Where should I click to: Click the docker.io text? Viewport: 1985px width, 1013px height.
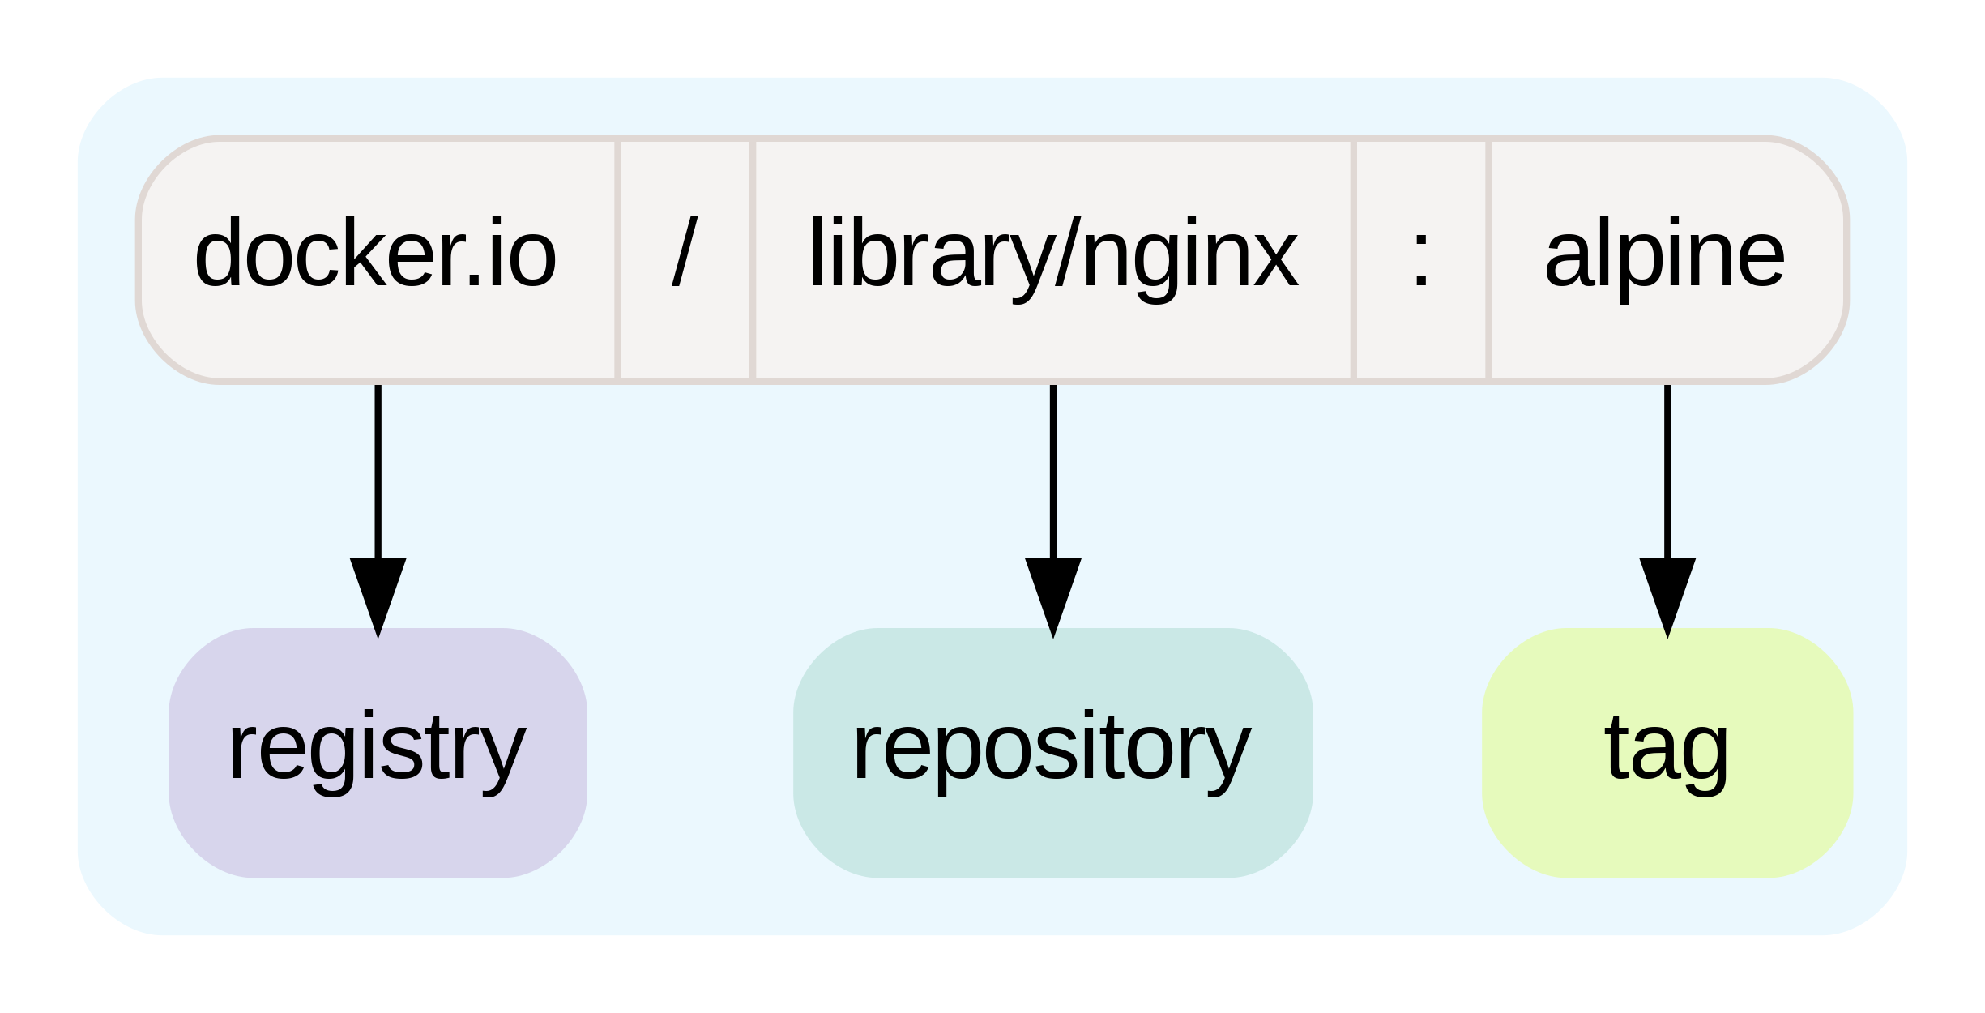(x=375, y=254)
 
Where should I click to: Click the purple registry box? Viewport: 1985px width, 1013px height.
(x=378, y=751)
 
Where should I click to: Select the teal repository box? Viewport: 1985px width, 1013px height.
(x=1052, y=751)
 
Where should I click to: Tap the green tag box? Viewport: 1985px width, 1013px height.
(x=1667, y=751)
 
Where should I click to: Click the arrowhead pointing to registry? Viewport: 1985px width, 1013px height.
(x=378, y=596)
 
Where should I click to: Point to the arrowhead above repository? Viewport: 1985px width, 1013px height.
(x=1052, y=596)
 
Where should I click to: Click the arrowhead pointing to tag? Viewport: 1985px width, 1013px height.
(x=1667, y=596)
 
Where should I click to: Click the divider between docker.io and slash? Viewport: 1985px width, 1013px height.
(x=617, y=259)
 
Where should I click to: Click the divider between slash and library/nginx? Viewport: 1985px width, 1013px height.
(x=752, y=259)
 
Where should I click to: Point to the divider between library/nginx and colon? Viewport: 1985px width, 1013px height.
(x=1353, y=259)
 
